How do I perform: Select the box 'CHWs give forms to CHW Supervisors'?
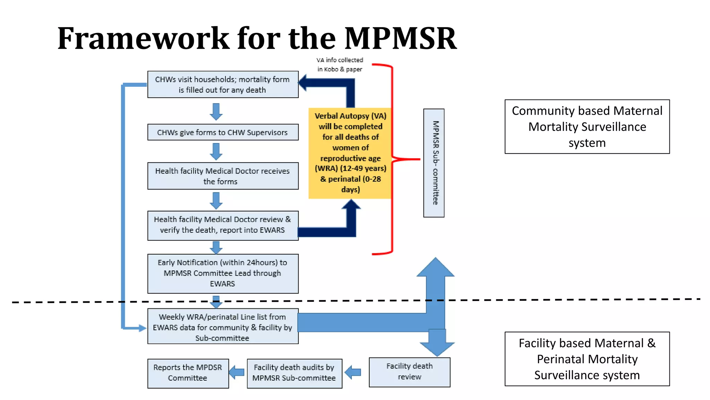223,132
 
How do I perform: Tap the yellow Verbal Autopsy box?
350,153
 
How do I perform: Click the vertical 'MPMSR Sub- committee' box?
434,163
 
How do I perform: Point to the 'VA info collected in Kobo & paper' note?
340,65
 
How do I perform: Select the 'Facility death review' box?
409,372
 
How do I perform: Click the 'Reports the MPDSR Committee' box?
188,373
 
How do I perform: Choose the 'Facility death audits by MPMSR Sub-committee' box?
294,373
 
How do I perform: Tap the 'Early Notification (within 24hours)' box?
223,273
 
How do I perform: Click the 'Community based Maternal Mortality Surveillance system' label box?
587,127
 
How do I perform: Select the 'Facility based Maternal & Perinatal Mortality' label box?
587,359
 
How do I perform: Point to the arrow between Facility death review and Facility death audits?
353,373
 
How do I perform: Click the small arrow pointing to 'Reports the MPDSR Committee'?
237,373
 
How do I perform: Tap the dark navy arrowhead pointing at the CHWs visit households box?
304,83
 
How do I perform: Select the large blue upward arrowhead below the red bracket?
435,268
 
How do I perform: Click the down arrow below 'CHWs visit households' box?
216,111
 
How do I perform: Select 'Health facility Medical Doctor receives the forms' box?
223,176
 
